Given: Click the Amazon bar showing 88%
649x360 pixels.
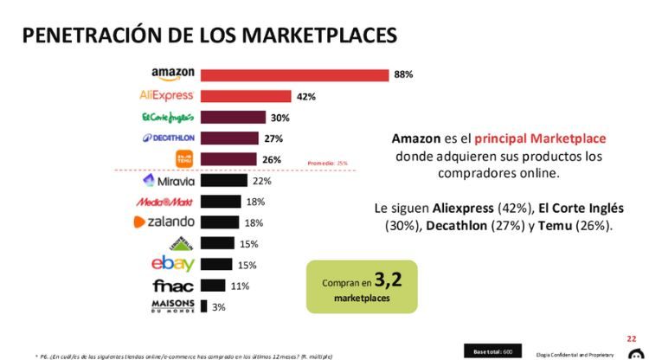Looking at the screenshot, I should coord(294,74).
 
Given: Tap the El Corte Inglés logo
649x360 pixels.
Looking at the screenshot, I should coord(167,117).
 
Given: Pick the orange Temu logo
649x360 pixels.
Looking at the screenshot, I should coord(183,159).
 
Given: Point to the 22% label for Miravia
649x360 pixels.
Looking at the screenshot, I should coord(261,181).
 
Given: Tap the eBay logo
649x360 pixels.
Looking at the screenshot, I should coord(173,265).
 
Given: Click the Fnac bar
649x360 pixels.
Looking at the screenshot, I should coord(213,286).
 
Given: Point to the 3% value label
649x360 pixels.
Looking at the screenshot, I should coord(220,307).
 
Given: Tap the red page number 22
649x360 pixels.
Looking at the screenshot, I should coord(632,338).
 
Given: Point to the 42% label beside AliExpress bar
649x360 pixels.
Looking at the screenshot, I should coord(305,96).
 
